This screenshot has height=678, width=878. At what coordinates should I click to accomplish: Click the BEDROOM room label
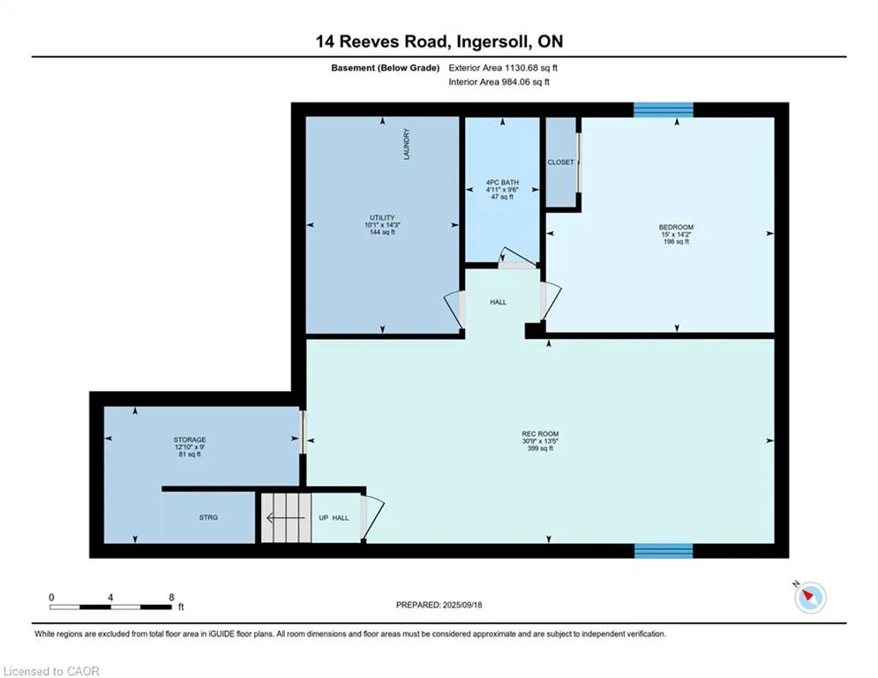[676, 227]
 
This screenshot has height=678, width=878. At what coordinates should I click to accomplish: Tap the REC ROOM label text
[540, 433]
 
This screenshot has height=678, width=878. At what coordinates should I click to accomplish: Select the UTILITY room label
[382, 217]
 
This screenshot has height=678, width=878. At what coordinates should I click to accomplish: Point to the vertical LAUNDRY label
[407, 144]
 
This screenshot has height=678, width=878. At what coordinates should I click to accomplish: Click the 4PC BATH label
[502, 182]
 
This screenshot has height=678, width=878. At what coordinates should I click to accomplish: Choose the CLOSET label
[560, 162]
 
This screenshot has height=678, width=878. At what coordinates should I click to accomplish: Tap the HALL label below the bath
[498, 302]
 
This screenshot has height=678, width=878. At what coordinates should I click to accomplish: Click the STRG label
[208, 517]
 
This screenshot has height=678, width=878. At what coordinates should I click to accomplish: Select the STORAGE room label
[189, 440]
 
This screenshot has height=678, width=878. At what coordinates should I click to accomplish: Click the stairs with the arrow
[286, 517]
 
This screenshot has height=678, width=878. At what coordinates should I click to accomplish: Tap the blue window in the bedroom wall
[664, 109]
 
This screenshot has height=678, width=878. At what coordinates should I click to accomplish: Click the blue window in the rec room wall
[664, 551]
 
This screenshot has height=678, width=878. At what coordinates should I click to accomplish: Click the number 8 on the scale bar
[171, 598]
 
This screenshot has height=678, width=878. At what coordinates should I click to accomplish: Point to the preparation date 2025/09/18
[462, 605]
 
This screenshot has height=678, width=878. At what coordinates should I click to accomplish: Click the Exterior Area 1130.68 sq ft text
[503, 68]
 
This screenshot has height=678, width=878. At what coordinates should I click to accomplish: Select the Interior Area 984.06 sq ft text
[499, 82]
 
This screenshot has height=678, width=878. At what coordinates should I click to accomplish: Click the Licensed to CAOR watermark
[51, 671]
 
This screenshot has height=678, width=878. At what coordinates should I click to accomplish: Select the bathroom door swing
[517, 257]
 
